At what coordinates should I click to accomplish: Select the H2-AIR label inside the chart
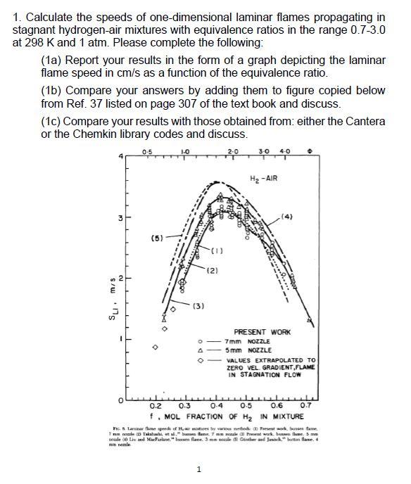263,178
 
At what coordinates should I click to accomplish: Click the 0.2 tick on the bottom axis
157,406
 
